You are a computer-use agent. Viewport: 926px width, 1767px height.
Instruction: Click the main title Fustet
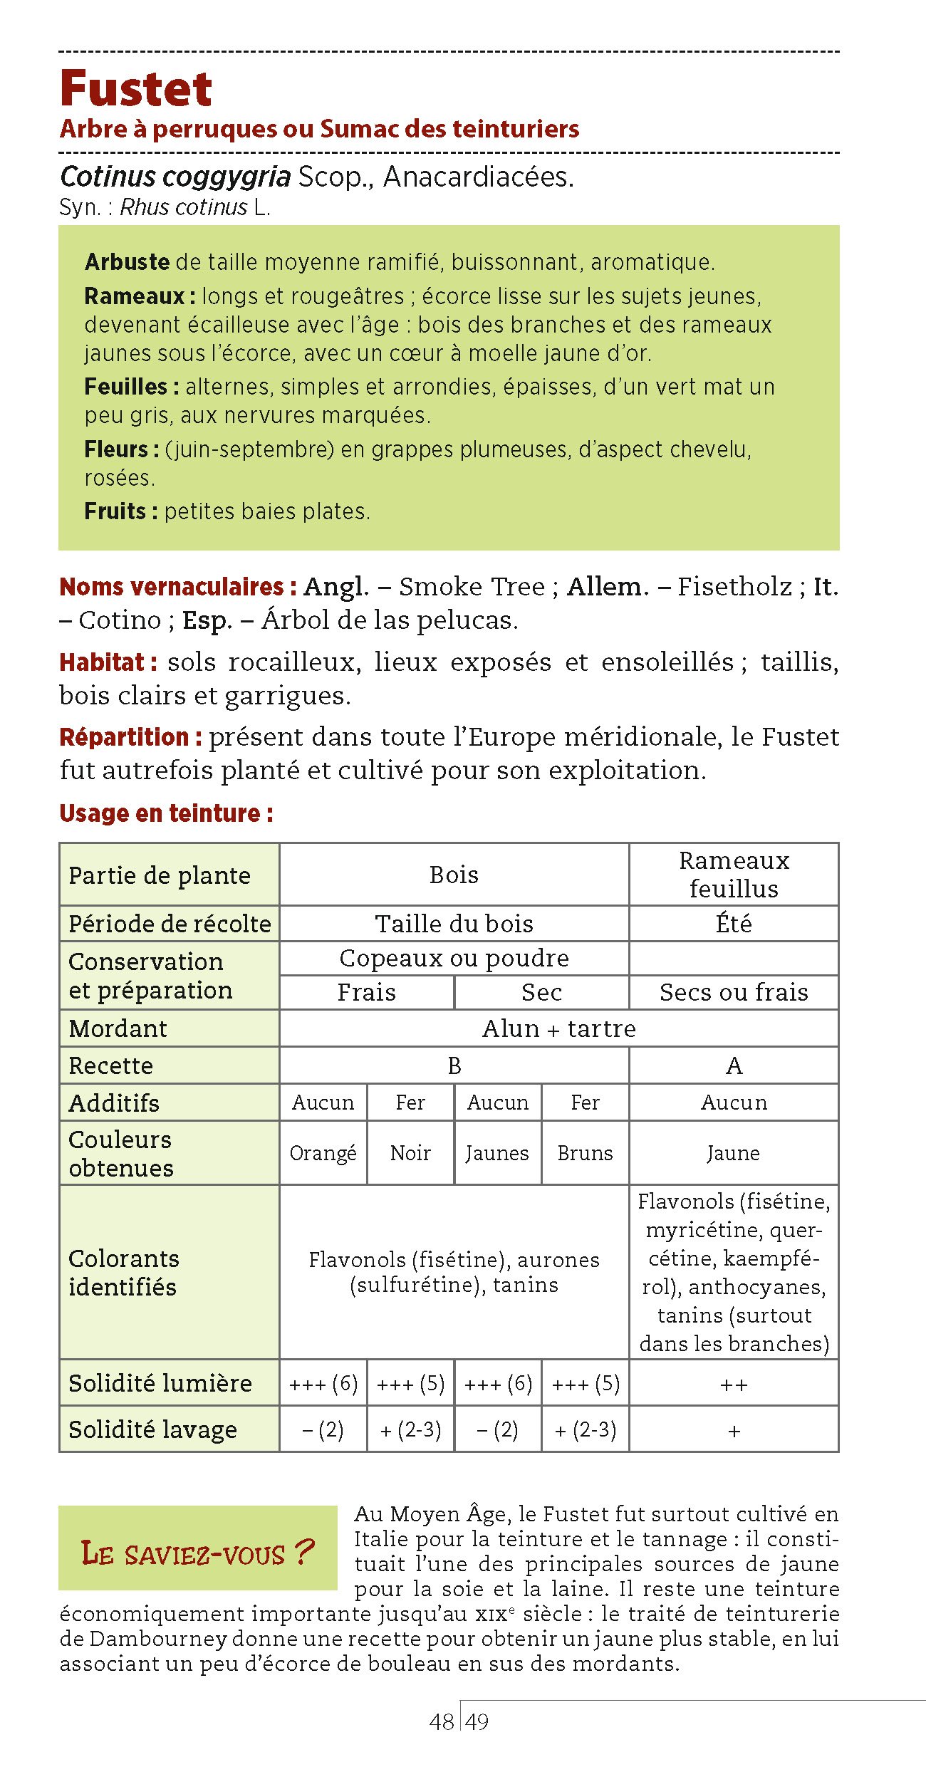pos(136,89)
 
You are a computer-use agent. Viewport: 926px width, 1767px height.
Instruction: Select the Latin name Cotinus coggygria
pos(175,177)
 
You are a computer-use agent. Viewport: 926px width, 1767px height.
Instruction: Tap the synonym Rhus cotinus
pos(183,207)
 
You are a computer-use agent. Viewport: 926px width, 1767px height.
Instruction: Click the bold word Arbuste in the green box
pos(127,262)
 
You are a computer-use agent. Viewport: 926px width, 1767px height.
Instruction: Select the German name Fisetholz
pos(734,587)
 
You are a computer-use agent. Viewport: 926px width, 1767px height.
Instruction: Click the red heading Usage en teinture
pos(166,813)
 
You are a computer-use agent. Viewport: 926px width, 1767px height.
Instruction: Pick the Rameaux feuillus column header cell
pos(734,875)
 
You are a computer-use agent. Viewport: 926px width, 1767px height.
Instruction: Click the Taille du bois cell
pos(454,924)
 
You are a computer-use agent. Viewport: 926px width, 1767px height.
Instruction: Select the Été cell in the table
pos(734,924)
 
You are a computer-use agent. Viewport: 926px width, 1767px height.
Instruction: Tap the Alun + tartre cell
pos(558,1028)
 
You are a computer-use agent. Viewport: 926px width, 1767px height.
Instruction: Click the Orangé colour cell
pos(323,1153)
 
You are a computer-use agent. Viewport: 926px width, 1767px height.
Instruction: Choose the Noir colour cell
pos(410,1153)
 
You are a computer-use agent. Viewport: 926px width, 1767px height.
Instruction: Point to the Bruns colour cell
pos(585,1153)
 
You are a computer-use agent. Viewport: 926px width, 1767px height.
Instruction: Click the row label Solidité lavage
pos(152,1429)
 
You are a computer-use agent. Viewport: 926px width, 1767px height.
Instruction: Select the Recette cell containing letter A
pos(734,1065)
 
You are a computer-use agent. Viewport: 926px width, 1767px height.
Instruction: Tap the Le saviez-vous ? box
pos(197,1553)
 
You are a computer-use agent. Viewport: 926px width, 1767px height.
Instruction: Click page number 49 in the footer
pos(477,1721)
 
